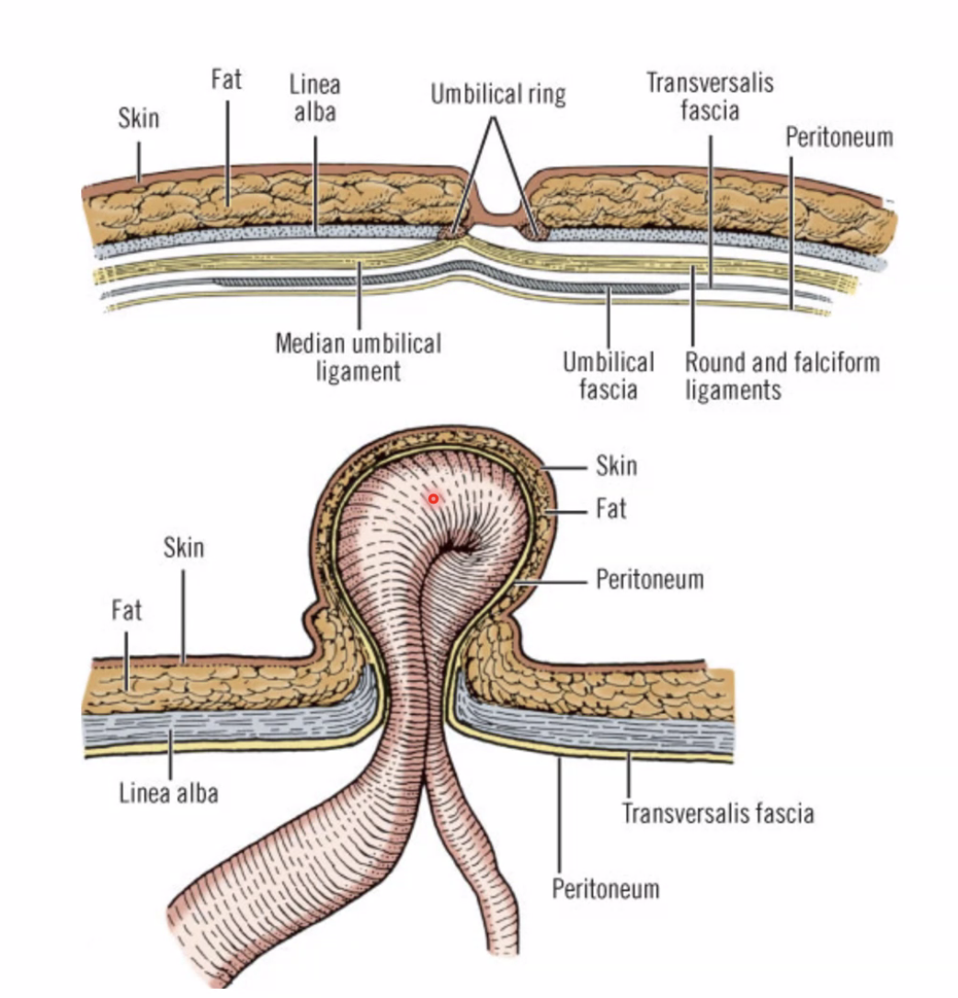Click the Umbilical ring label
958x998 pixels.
tap(498, 94)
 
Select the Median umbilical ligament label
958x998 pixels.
tap(359, 357)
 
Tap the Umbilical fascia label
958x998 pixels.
tap(608, 375)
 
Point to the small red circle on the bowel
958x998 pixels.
tap(434, 499)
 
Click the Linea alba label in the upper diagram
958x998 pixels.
tap(314, 97)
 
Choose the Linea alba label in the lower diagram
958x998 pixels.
tap(169, 792)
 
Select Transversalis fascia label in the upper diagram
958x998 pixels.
tap(710, 96)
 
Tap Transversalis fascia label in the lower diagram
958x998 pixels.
tap(717, 812)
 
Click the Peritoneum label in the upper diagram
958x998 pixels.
tap(838, 138)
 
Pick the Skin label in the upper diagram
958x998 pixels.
tap(138, 119)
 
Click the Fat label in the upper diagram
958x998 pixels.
tap(226, 79)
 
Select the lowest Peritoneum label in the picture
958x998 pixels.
tap(605, 889)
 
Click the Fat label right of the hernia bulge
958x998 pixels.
tap(611, 508)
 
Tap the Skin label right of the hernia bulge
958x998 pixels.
tap(616, 466)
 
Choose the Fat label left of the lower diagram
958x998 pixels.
tap(127, 609)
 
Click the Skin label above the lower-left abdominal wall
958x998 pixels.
tap(183, 549)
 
